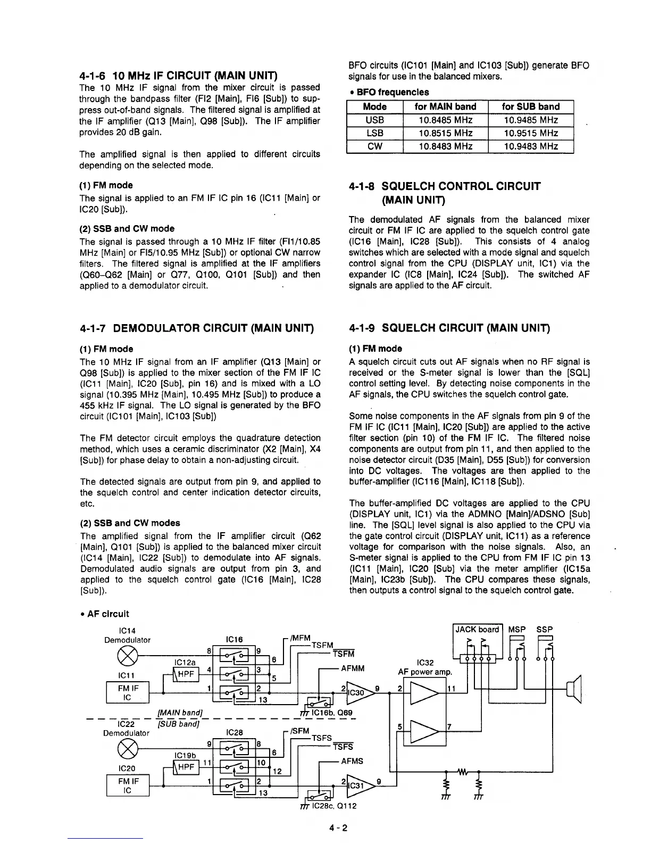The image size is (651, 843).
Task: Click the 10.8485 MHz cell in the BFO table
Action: (445, 120)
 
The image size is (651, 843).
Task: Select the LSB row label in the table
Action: (374, 133)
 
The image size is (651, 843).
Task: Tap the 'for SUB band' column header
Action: (530, 106)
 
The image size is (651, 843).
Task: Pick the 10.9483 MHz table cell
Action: (530, 146)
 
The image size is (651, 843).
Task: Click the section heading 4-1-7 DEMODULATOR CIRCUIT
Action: (196, 327)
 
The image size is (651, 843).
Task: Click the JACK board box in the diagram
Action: (477, 630)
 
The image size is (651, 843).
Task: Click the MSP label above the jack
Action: (517, 630)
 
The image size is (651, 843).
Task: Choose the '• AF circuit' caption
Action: (105, 614)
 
